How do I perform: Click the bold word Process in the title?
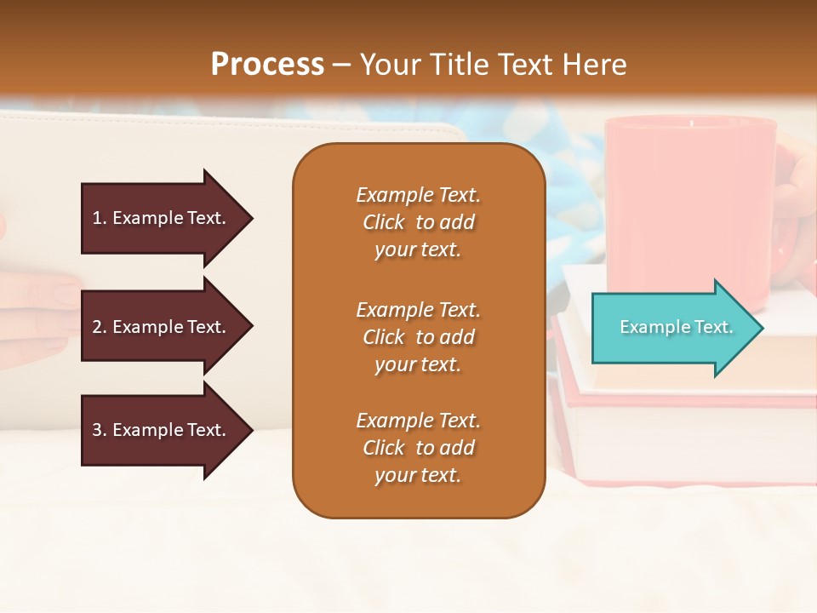[267, 65]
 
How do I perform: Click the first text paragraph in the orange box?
[418, 222]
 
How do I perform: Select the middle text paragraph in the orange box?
[418, 337]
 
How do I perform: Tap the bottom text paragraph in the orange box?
[418, 448]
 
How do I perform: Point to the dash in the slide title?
[342, 66]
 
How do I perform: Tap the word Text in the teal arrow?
[713, 327]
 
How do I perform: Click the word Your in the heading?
[390, 65]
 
